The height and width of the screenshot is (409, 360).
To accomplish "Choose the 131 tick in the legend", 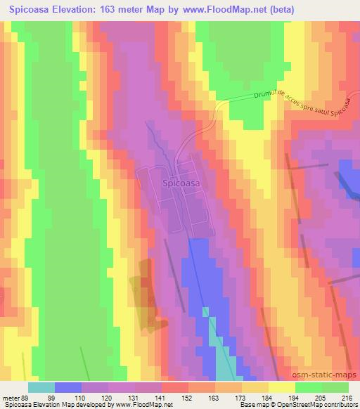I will coord(132,398).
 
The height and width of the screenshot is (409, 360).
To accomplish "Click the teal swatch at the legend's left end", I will coord(41,387).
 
